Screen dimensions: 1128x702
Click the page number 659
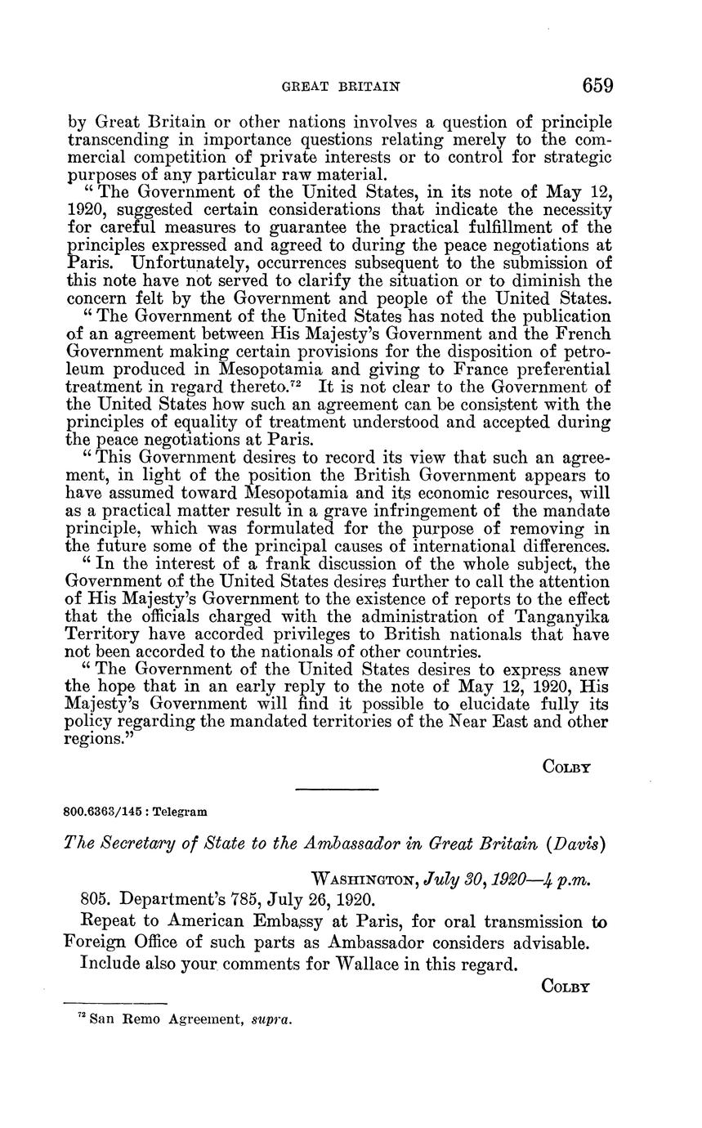click(597, 85)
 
